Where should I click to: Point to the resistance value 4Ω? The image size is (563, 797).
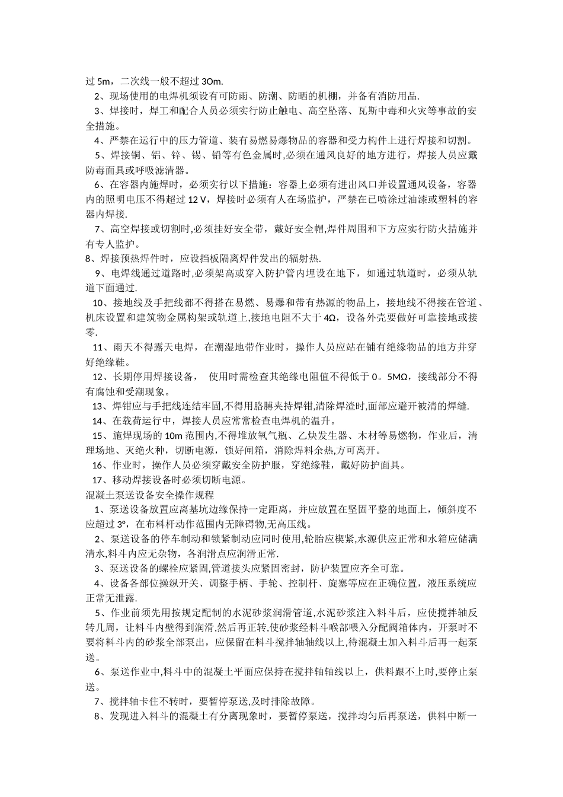point(331,317)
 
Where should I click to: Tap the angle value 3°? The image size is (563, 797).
point(121,524)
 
